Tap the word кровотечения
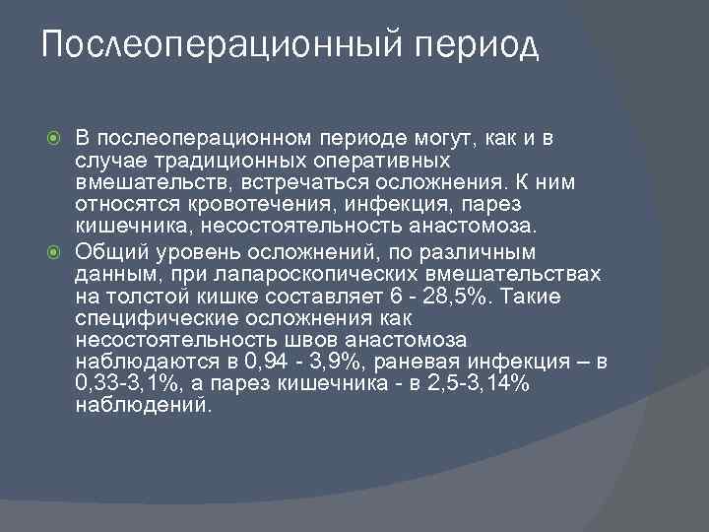coord(222,205)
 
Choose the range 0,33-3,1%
coord(121,387)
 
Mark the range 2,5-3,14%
coord(482,387)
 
